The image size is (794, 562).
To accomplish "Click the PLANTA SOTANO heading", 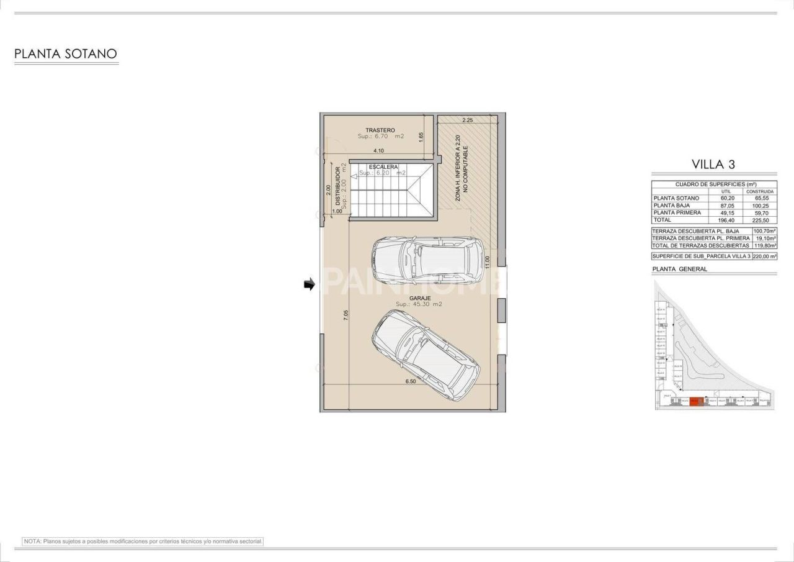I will point(66,54).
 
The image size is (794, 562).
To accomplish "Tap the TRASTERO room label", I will point(380,130).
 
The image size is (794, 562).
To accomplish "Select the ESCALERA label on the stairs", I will point(383,167).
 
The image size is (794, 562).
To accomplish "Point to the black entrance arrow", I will point(309,284).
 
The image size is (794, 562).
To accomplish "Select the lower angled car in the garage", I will point(426,348).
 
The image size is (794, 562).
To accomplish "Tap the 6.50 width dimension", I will point(410,381).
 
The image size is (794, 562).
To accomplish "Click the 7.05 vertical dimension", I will point(346,315).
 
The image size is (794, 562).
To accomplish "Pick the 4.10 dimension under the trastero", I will point(378,151).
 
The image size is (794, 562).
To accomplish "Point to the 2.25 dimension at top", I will point(467,120).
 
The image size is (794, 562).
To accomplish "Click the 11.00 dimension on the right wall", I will point(488,262).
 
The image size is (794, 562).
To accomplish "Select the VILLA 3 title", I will point(713,165).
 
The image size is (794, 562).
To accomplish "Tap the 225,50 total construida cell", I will point(760,220).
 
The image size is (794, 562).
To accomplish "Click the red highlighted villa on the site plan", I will point(697,401).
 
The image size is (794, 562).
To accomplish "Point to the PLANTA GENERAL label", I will point(680,269).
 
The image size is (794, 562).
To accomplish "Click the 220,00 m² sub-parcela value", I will point(764,256).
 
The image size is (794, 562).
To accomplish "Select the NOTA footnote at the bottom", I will point(143,542).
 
